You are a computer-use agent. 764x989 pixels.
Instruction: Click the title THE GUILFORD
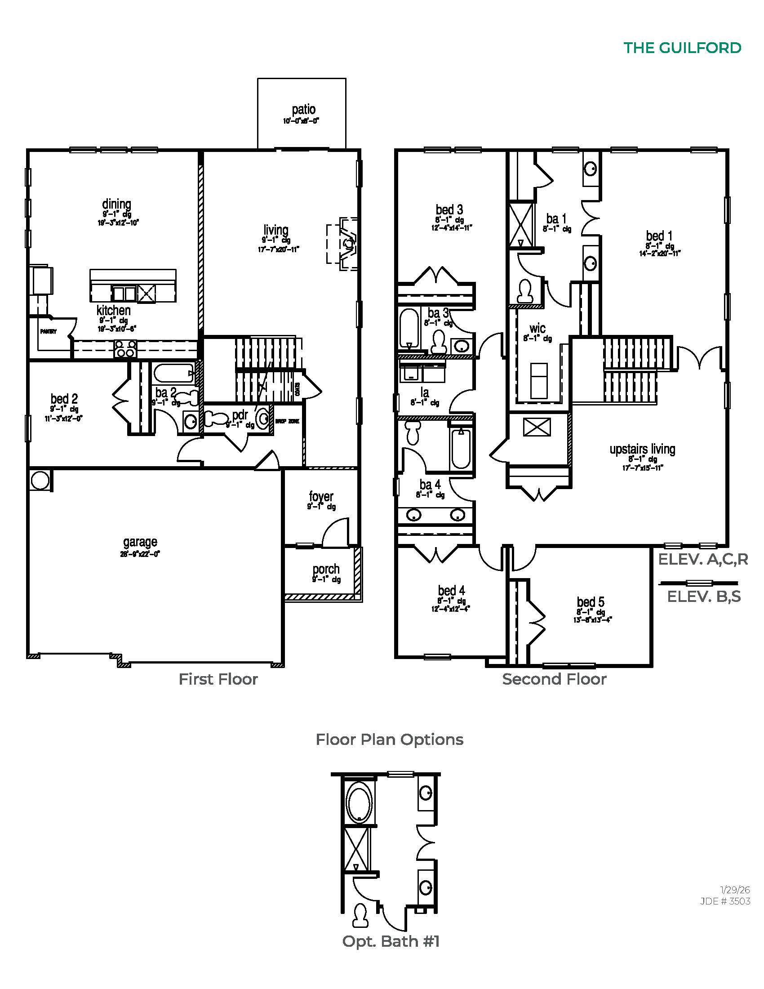click(x=682, y=48)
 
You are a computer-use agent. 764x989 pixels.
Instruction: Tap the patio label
click(x=303, y=110)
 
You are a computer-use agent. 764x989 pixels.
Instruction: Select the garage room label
click(x=140, y=542)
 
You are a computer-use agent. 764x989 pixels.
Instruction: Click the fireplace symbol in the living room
click(x=347, y=244)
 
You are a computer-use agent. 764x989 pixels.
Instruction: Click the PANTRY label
click(x=49, y=331)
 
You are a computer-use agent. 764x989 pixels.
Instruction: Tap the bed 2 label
click(x=64, y=399)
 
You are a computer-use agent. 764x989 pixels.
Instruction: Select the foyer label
click(x=321, y=496)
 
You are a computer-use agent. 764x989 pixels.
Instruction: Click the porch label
click(x=326, y=569)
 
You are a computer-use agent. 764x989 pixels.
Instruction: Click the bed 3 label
click(x=449, y=209)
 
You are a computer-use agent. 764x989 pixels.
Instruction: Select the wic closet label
click(x=537, y=328)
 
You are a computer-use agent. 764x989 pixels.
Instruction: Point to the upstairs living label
click(x=642, y=449)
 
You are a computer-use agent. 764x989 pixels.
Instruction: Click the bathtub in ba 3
click(x=410, y=327)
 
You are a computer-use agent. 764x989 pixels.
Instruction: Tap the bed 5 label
click(x=590, y=602)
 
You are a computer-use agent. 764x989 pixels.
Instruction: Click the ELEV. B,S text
click(x=704, y=597)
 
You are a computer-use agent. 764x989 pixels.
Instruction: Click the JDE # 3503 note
click(x=724, y=901)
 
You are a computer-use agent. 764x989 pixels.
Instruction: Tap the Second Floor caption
click(x=554, y=679)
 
